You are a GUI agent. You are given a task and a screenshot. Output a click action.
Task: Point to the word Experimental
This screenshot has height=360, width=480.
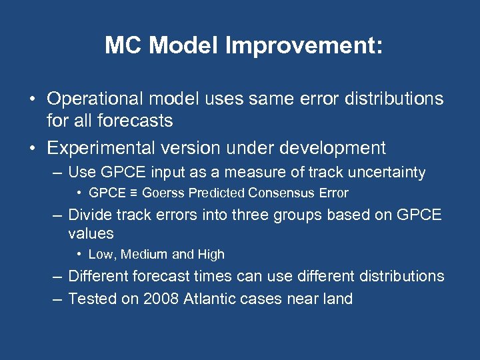click(x=103, y=147)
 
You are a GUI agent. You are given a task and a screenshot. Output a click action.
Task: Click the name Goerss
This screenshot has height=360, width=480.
click(x=163, y=193)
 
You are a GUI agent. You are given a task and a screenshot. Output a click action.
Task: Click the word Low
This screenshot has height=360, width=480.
click(x=99, y=254)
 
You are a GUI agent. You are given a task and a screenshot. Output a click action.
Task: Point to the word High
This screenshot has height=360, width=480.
click(x=210, y=254)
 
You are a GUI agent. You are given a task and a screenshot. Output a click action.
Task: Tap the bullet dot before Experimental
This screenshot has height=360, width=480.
click(x=32, y=148)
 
